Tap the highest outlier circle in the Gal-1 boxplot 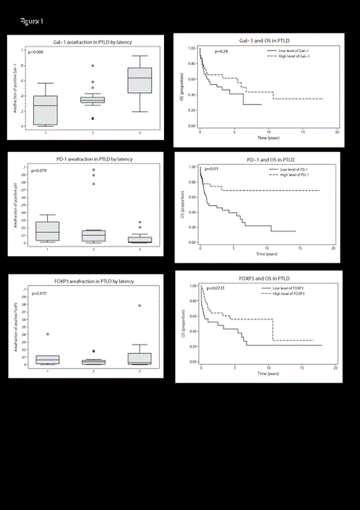tap(93, 66)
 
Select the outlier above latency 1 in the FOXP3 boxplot tap(47, 334)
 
